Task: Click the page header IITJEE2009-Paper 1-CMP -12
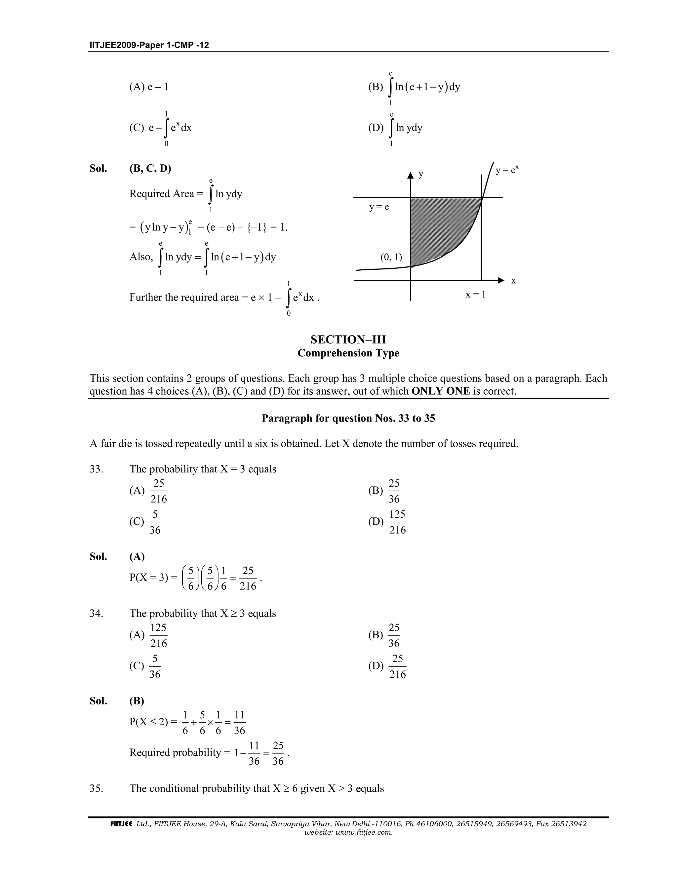pyautogui.click(x=149, y=45)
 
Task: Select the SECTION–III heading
pyautogui.click(x=348, y=340)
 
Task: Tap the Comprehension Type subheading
pyautogui.click(x=348, y=353)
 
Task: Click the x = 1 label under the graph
pyautogui.click(x=475, y=295)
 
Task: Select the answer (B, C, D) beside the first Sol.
pyautogui.click(x=150, y=169)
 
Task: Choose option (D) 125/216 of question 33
pyautogui.click(x=388, y=522)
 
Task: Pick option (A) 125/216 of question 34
pyautogui.click(x=149, y=635)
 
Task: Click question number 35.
pyautogui.click(x=96, y=788)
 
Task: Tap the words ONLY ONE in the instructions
pyautogui.click(x=440, y=391)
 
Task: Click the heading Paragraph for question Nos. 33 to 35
pyautogui.click(x=348, y=418)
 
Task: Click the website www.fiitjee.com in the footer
pyautogui.click(x=348, y=832)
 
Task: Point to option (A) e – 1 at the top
pyautogui.click(x=149, y=87)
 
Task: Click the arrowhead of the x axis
pyautogui.click(x=500, y=280)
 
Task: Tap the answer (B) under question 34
pyautogui.click(x=137, y=701)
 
